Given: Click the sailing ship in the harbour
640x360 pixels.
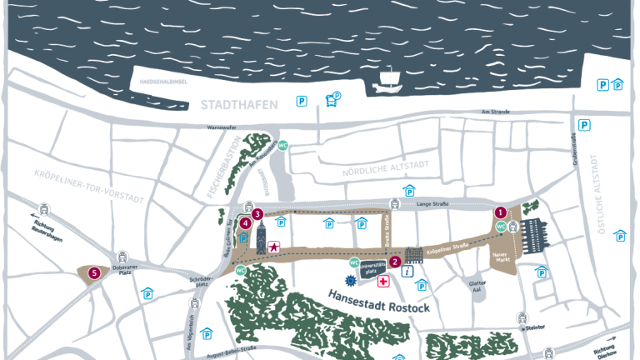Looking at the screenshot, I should (x=389, y=81).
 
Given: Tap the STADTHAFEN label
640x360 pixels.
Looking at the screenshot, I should (x=237, y=104).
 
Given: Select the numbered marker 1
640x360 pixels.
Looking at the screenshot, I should (x=500, y=212).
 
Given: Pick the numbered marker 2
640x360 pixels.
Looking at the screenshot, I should (x=395, y=260).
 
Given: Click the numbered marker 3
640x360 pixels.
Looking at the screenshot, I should (x=257, y=214).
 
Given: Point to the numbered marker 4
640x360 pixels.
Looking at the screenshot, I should (x=245, y=222).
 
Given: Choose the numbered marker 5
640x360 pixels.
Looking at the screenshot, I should (x=94, y=272).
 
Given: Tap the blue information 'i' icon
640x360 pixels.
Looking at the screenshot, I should (x=407, y=270).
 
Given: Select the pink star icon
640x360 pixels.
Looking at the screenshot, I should (x=274, y=246).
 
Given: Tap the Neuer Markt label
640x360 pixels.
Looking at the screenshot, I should (x=502, y=256).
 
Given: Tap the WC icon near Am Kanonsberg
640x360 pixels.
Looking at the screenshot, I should (x=283, y=145).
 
